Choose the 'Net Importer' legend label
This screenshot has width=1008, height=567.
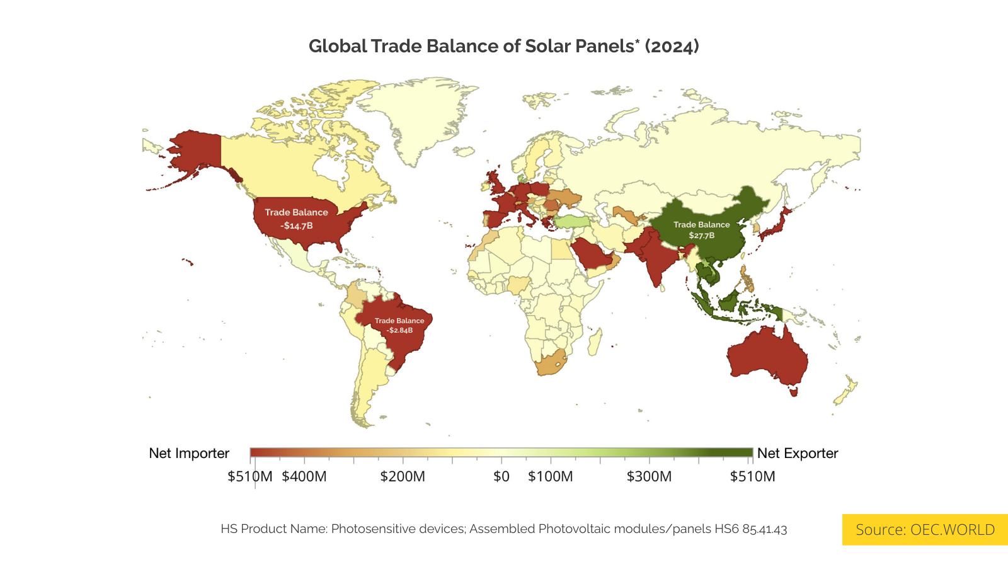pyautogui.click(x=189, y=453)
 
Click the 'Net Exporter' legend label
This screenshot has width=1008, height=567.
pyautogui.click(x=798, y=453)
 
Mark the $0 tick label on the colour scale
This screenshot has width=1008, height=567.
pyautogui.click(x=501, y=476)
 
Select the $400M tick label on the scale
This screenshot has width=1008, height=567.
pyautogui.click(x=304, y=476)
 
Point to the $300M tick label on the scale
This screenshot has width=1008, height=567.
pyautogui.click(x=649, y=476)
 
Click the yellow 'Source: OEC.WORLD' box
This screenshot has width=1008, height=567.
pyautogui.click(x=925, y=529)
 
